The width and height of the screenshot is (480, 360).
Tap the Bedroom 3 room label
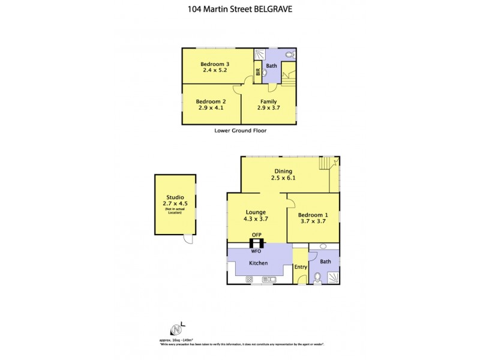tap(215, 64)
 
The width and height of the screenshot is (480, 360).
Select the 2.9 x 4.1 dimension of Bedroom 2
tap(210, 108)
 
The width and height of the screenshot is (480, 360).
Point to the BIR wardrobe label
tap(257, 73)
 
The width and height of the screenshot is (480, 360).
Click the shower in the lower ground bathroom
tap(259, 54)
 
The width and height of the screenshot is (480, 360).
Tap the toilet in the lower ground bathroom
tap(289, 55)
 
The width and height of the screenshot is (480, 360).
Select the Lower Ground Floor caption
tap(240, 130)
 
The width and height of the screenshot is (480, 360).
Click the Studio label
tap(175, 197)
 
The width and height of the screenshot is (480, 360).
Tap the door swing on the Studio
tap(188, 239)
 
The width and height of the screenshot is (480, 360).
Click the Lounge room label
tap(256, 212)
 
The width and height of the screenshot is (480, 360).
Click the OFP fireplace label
tap(257, 235)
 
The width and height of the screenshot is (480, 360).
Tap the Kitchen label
tap(259, 263)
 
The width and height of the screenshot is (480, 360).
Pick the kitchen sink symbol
tap(268, 278)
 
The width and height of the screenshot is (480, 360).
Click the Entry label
tap(300, 267)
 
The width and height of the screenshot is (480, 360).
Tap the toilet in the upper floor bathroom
tap(317, 277)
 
